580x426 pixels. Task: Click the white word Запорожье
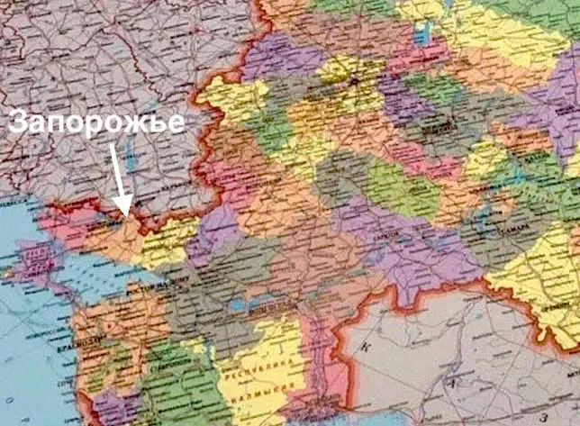(96, 124)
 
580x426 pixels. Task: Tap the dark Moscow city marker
(353, 81)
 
